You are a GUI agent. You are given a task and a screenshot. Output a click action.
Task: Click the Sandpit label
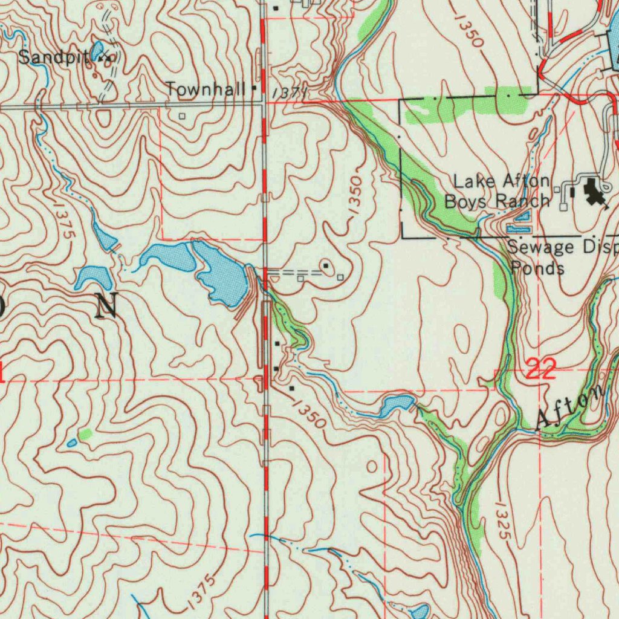point(53,57)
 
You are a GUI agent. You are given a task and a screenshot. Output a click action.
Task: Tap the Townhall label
point(206,89)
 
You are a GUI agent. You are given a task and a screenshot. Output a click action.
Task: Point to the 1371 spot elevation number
point(288,92)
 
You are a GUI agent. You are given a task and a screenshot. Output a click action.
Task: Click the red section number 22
point(540,369)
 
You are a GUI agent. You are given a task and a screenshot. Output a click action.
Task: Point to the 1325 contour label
point(502,520)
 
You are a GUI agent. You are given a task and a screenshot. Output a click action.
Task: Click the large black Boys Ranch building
point(593,193)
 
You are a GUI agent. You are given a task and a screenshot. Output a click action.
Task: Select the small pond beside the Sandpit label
point(97,50)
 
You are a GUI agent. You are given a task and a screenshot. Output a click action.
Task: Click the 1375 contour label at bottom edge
point(201,592)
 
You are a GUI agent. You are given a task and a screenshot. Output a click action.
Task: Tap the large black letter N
point(106,305)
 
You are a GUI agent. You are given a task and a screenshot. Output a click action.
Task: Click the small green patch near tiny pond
point(85,433)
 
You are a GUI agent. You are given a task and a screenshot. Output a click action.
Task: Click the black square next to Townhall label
point(254,88)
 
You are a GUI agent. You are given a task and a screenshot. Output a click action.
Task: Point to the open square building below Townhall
point(182,115)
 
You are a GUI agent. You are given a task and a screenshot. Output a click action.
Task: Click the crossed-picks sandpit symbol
point(109,59)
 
